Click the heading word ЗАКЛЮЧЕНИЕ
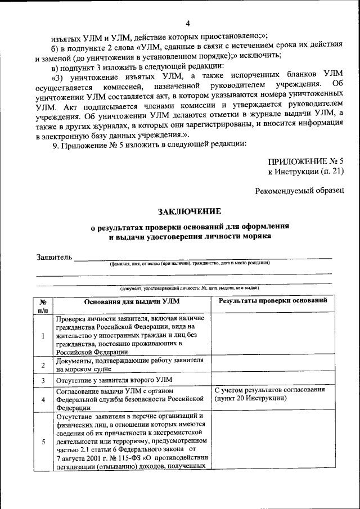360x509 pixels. (190, 211)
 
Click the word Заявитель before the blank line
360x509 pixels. (55, 257)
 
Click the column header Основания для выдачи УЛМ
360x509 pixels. (132, 301)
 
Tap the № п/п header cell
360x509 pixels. (43, 305)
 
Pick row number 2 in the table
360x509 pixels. (43, 365)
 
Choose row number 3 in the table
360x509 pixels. (43, 381)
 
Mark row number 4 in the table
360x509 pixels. (43, 400)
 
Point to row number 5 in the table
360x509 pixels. (43, 442)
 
